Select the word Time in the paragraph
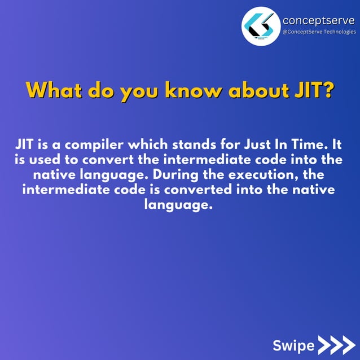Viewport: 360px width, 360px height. [x=309, y=143]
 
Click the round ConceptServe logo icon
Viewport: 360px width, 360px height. [x=261, y=26]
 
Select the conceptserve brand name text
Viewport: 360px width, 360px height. [x=318, y=20]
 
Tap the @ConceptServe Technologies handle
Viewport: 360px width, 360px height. [x=319, y=32]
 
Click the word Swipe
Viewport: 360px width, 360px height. [x=293, y=345]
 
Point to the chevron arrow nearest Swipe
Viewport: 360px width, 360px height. [x=326, y=345]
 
